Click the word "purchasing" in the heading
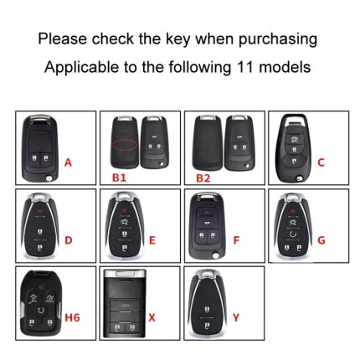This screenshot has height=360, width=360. pos(278,39)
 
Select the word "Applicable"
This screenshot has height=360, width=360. pos(82,68)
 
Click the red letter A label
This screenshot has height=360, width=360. pos(68,162)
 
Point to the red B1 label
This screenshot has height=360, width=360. pos(119,177)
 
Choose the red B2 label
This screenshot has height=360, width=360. pos(203,177)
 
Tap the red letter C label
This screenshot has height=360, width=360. pos(321,162)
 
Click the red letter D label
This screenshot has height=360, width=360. pos(69,240)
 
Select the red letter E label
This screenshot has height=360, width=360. pos(152,240)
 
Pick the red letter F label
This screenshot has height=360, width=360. pos(236,240)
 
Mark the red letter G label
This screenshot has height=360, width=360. pos(321,240)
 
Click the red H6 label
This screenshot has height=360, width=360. pos(72,317)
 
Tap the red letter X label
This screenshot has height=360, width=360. pos(152,317)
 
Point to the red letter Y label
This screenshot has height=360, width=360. pos(236,317)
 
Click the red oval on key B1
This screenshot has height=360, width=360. pos(125,145)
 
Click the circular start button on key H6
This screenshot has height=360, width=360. pos(41,310)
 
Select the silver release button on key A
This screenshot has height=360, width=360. pos(49,178)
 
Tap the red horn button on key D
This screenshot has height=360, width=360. pos(40,209)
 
